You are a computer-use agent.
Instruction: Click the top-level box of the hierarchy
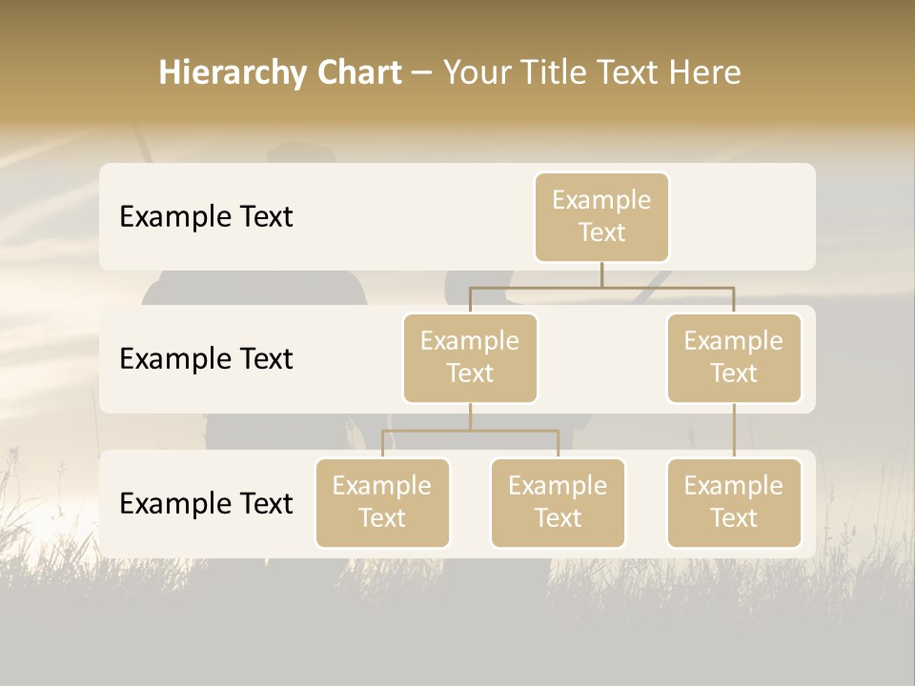(x=601, y=216)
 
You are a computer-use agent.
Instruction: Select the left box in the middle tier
(x=470, y=357)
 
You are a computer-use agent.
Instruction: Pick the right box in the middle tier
(x=734, y=357)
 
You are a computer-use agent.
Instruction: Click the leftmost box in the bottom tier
(x=382, y=502)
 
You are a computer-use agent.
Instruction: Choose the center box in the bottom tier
(x=558, y=502)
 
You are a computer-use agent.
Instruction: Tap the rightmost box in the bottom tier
(x=734, y=502)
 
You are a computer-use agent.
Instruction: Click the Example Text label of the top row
(x=206, y=217)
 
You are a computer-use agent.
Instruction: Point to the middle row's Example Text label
(x=206, y=359)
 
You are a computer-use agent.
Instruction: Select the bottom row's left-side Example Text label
(x=206, y=503)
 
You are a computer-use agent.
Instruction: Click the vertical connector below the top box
(x=601, y=274)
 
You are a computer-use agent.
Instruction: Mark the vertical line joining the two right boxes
(x=734, y=431)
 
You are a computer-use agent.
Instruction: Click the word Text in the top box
(x=601, y=232)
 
